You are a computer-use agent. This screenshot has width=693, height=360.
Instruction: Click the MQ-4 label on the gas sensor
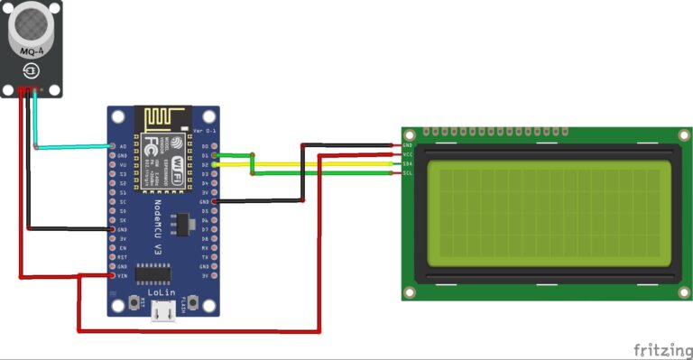tap(32, 51)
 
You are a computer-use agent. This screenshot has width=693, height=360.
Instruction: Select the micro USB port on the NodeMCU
tap(163, 311)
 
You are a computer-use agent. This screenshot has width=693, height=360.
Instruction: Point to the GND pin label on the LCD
tap(408, 144)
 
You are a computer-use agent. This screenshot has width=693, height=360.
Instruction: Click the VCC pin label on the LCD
tap(408, 154)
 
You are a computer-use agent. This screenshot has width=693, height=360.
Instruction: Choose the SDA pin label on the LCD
tap(408, 163)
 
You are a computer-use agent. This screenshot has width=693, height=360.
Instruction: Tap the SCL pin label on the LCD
tap(408, 172)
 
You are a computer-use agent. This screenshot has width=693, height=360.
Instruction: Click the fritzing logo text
tap(661, 349)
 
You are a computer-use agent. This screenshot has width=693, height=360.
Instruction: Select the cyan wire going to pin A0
tap(72, 145)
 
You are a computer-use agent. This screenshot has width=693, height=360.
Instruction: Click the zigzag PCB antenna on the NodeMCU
tap(163, 119)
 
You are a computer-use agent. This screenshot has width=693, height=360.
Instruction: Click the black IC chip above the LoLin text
tap(159, 272)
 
